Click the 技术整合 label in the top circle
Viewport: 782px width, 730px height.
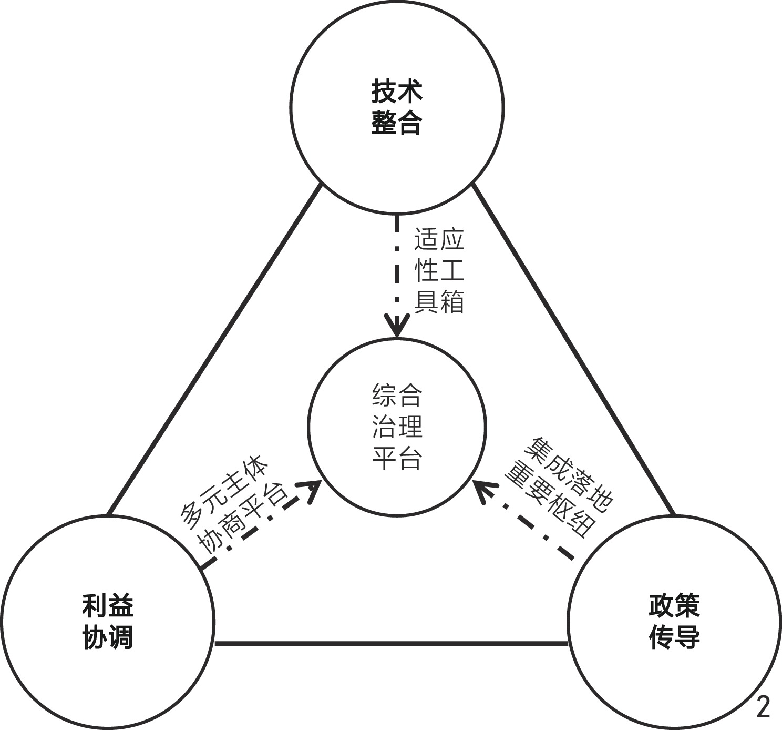[x=397, y=107]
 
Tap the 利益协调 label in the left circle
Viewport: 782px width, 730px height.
[x=108, y=622]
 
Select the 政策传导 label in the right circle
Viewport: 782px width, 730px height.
[x=674, y=622]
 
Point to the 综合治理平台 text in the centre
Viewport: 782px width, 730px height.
[x=397, y=427]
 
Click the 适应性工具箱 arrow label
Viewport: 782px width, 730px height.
[x=439, y=271]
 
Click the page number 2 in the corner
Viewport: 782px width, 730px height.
[x=763, y=707]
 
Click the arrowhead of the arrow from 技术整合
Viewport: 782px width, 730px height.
[x=397, y=326]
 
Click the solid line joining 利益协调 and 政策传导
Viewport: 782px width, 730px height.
[x=392, y=643]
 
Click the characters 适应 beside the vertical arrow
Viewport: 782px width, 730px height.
[x=439, y=239]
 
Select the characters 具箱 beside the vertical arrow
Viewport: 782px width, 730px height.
[x=439, y=302]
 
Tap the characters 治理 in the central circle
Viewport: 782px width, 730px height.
[x=397, y=427]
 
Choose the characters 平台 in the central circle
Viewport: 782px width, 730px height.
[x=397, y=458]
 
